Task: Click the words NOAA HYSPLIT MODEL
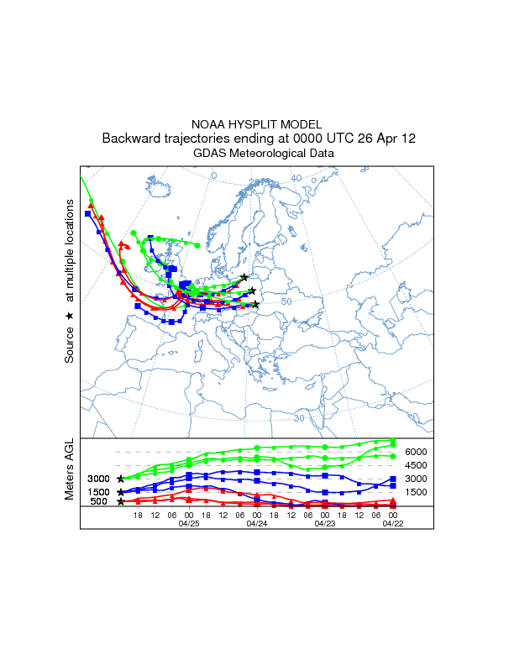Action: click(x=257, y=124)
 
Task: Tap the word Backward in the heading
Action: click(x=130, y=139)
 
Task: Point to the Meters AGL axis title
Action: click(x=70, y=469)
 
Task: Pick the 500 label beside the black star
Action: click(x=97, y=502)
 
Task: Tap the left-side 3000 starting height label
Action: click(x=97, y=479)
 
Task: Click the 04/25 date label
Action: click(x=189, y=523)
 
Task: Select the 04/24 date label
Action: click(x=257, y=523)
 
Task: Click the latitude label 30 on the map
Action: click(x=299, y=418)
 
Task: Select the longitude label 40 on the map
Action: click(x=296, y=178)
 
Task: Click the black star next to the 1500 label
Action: click(x=121, y=492)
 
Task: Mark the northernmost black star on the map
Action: click(x=244, y=277)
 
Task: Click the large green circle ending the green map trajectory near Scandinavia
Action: click(x=197, y=245)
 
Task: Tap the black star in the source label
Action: click(x=70, y=315)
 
